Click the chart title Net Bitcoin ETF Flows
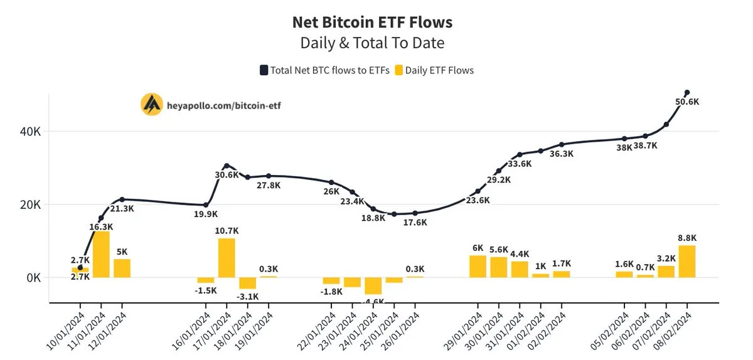click(x=372, y=22)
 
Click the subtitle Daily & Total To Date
click(x=372, y=43)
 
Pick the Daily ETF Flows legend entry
click(x=434, y=70)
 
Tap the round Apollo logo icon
click(x=151, y=105)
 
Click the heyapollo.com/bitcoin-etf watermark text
click(x=223, y=105)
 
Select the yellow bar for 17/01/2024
click(x=227, y=258)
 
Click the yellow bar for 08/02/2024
click(x=687, y=262)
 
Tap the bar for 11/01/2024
click(x=101, y=255)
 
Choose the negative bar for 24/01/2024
click(x=373, y=285)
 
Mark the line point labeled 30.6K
click(x=227, y=166)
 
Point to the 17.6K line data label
click(x=415, y=223)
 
